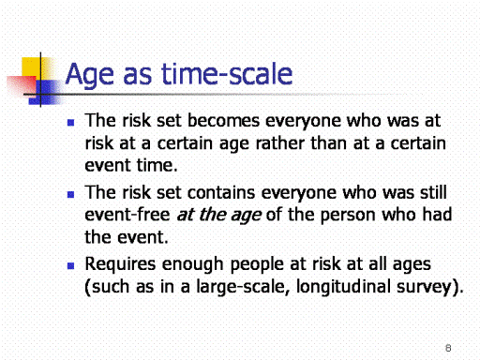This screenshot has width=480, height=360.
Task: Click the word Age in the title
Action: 90,74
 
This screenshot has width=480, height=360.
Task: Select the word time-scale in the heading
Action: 227,73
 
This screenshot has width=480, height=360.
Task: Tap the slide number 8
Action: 448,348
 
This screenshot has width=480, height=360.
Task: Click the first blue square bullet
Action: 71,122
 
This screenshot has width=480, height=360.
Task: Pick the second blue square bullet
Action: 71,195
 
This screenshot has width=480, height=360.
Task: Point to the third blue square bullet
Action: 71,266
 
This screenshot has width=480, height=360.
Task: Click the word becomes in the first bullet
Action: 223,120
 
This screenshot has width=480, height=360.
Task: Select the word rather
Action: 280,143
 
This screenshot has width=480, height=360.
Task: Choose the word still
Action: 433,192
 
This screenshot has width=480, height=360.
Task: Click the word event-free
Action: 127,215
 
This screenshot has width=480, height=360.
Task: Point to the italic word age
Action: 246,216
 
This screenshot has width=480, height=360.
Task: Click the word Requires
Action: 120,264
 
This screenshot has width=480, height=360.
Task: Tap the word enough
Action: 192,264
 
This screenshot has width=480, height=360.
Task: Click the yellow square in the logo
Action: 31,67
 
